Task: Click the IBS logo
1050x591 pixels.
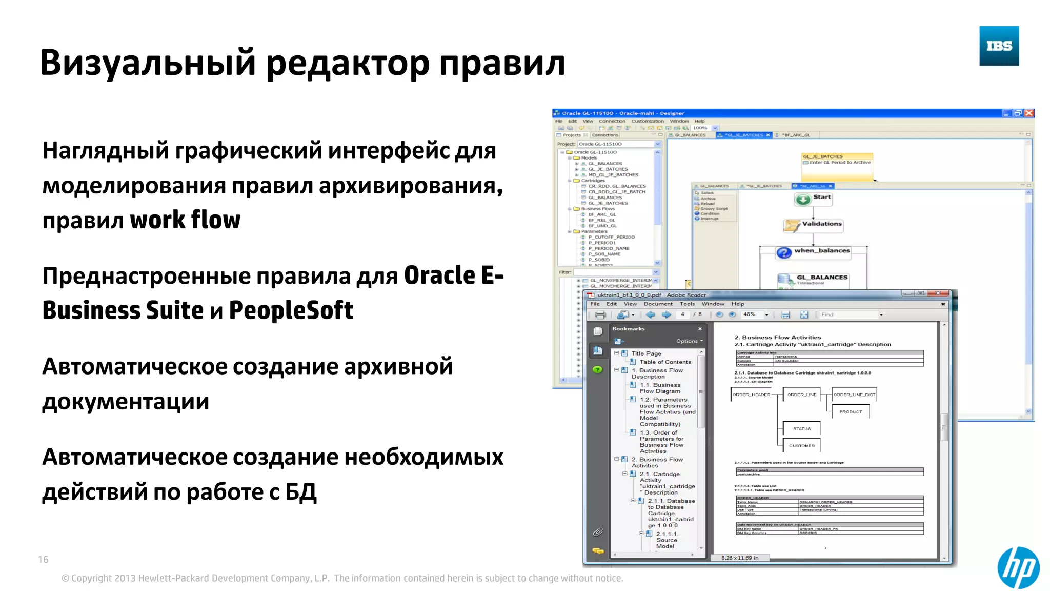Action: [x=999, y=46]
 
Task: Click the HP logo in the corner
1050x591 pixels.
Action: [x=1018, y=567]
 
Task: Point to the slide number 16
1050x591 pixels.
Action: [x=43, y=560]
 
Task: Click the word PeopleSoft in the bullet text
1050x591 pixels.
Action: [x=291, y=310]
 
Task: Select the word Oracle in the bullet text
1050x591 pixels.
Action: [x=440, y=275]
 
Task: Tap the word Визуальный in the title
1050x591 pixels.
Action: [x=148, y=63]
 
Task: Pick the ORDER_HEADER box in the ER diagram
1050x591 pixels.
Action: [x=751, y=395]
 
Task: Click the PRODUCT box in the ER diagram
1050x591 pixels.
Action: [x=851, y=412]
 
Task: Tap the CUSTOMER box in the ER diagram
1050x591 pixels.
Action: [x=802, y=446]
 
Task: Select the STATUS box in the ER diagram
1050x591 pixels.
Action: [x=802, y=429]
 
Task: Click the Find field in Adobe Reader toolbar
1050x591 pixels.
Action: [x=849, y=314]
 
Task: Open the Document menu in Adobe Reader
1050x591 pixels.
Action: [x=658, y=304]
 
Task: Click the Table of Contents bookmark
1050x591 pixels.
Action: [x=665, y=362]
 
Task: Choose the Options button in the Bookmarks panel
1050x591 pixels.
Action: [x=689, y=341]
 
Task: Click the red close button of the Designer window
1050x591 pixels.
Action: [x=1028, y=113]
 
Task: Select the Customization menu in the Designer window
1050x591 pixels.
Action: [x=647, y=122]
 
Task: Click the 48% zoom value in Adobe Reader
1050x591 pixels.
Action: [x=750, y=314]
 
